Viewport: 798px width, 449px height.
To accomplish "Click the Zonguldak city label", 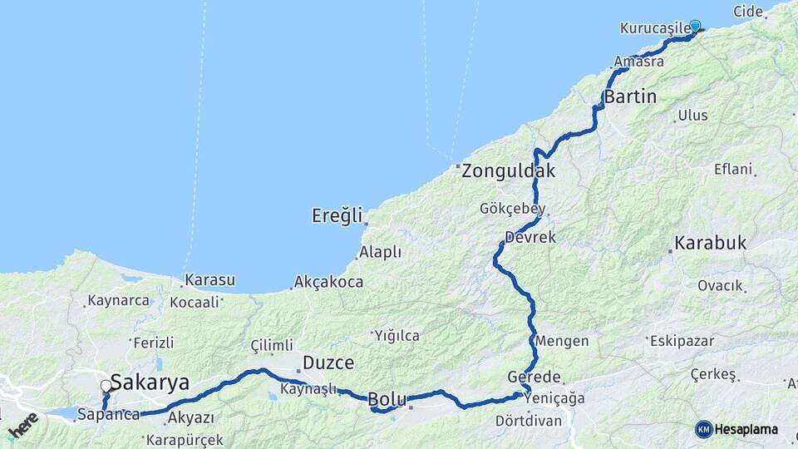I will [x=508, y=172].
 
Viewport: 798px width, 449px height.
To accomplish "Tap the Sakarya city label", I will [x=150, y=383].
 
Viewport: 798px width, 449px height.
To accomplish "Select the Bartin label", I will [x=630, y=97].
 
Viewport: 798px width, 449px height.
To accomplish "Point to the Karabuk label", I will [x=710, y=244].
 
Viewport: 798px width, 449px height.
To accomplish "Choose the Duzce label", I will [x=328, y=363].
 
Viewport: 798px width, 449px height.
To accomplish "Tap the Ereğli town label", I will [x=338, y=216].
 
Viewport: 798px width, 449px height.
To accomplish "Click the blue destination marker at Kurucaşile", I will [x=695, y=27].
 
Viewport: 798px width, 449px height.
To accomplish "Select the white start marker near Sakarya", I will [x=106, y=386].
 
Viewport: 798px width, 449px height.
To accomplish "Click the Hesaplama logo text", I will [x=746, y=429].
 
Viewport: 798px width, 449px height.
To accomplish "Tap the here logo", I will [x=22, y=426].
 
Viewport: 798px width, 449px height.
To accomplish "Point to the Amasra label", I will [x=639, y=62].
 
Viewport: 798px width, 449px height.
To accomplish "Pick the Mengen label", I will [x=563, y=341].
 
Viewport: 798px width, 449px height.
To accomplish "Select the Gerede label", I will [x=534, y=377].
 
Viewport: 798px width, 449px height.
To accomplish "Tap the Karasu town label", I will [x=209, y=280].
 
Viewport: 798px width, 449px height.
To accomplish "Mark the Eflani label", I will [x=732, y=170].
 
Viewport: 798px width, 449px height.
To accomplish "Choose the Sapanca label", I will [x=108, y=414].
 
